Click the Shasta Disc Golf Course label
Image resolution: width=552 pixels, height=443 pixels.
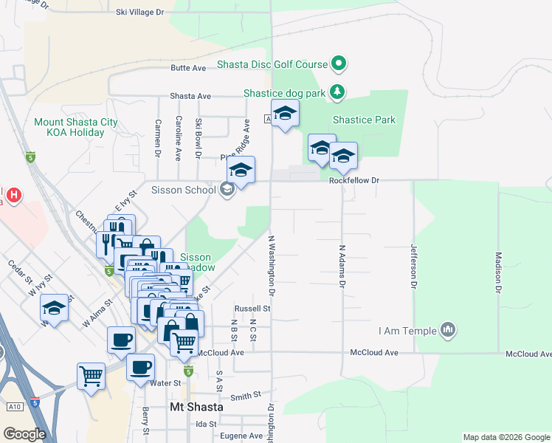coord(272,64)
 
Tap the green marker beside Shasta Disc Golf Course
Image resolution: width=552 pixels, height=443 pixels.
coord(339,64)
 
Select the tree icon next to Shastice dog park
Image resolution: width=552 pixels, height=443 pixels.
coord(338,92)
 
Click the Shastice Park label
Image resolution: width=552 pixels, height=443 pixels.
coord(364,120)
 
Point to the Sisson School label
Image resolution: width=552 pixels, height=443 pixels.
coord(183,190)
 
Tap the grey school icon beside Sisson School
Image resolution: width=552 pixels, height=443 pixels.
coord(227,190)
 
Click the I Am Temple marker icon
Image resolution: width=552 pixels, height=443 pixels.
coord(447,329)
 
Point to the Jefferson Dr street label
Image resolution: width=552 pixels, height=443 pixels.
coord(414,266)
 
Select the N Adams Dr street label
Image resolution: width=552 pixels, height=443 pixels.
coord(342,266)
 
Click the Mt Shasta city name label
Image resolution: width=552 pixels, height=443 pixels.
coord(191,408)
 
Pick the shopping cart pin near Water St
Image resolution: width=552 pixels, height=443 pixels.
coord(91,376)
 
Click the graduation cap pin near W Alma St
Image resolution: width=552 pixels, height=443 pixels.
coord(54,308)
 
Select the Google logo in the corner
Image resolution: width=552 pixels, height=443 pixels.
coord(25,434)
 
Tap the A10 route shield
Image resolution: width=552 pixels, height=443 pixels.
coord(14,406)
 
